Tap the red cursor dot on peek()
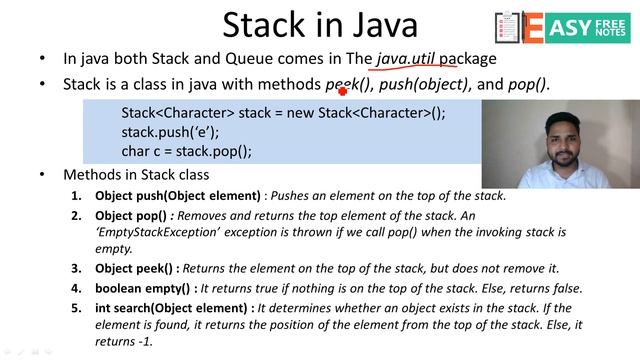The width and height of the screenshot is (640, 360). [342, 89]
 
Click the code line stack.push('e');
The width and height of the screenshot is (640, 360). [170, 132]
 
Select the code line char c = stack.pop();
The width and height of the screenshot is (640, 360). [186, 151]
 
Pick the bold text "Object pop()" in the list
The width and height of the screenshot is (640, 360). [135, 215]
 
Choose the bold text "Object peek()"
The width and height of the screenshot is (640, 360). [137, 269]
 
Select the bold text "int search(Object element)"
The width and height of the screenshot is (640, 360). [174, 307]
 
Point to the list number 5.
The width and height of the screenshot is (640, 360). [76, 307]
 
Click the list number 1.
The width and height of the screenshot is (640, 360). [76, 195]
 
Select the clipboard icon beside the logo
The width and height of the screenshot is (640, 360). [507, 28]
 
